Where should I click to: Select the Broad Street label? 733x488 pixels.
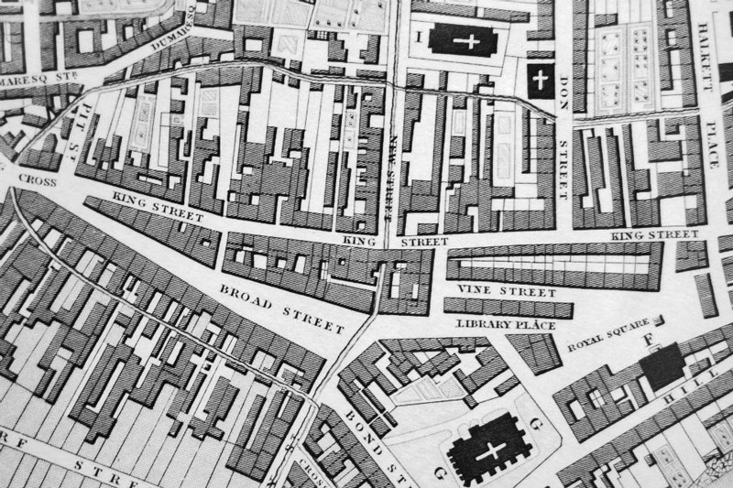coord(282,309)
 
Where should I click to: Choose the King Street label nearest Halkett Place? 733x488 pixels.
coord(654,236)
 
